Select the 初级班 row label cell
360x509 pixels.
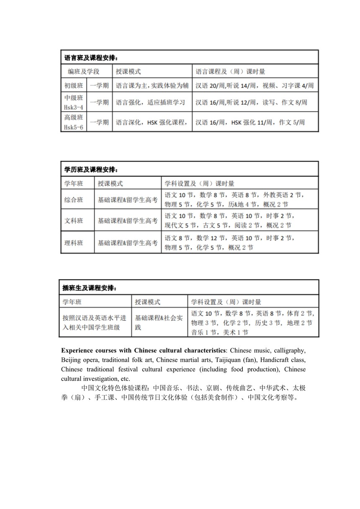coord(73,85)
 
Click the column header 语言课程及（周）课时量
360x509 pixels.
coord(231,71)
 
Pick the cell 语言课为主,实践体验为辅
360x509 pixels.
coord(152,85)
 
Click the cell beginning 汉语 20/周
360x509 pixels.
coord(255,85)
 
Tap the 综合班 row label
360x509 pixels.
coord(74,200)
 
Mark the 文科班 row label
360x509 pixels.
coord(74,221)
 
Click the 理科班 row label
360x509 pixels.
coord(74,242)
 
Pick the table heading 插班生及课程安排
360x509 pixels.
coord(89,288)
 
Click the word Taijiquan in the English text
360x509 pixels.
coord(226,360)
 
